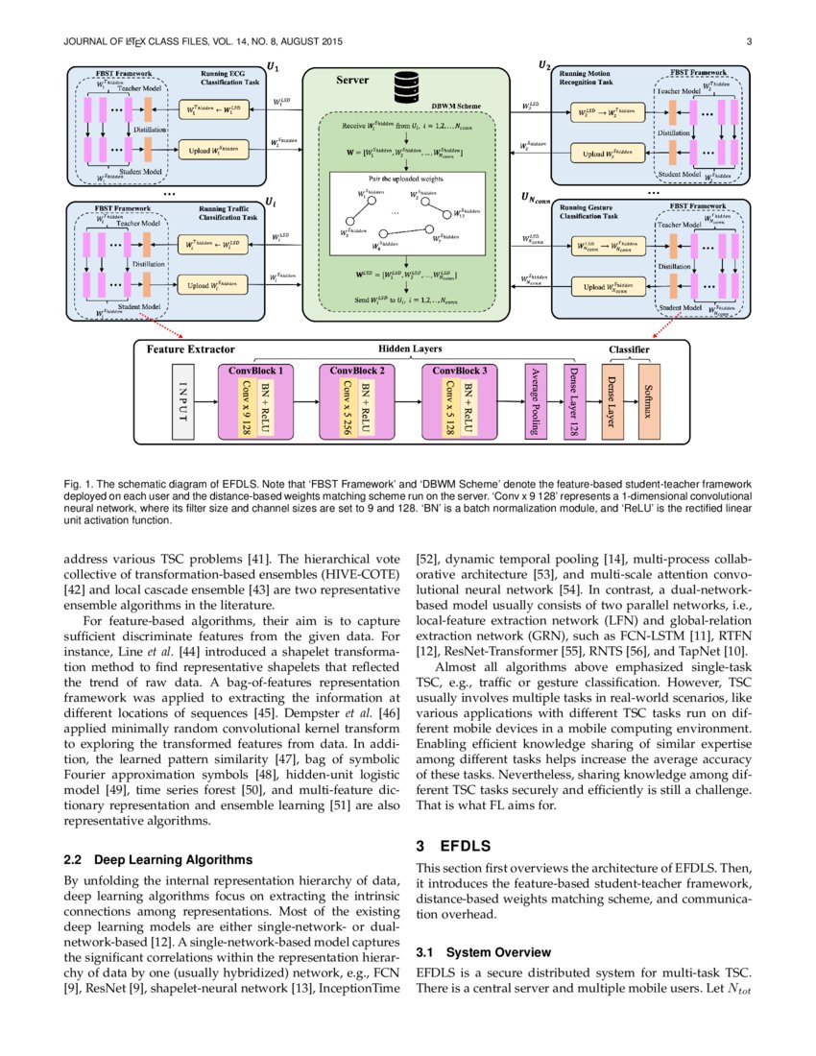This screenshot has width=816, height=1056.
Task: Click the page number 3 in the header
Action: point(748,41)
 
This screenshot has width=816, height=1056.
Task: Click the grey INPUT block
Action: point(181,402)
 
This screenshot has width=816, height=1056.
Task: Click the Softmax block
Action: point(648,402)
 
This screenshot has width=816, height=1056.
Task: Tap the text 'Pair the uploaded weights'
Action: point(406,179)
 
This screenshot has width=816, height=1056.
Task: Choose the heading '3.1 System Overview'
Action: point(483,952)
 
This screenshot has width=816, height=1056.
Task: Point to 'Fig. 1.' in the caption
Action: point(78,480)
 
